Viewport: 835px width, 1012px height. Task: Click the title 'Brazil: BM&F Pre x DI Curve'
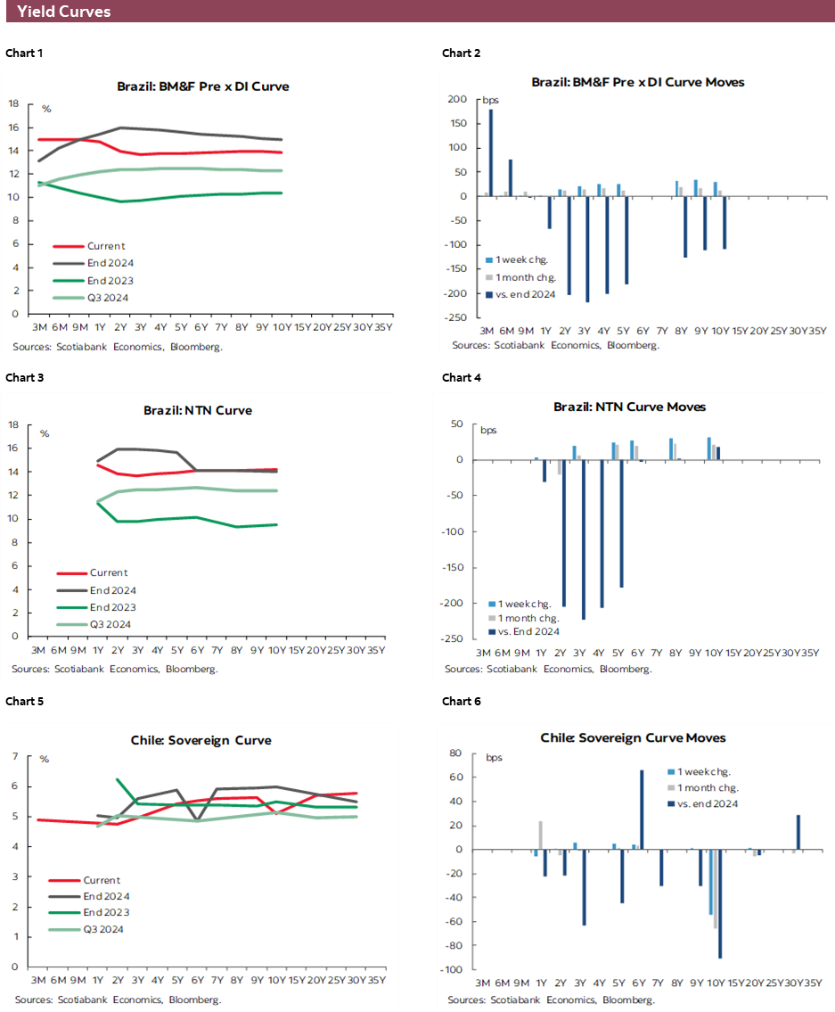pyautogui.click(x=203, y=86)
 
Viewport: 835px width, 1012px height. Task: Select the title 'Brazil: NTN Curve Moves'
pyautogui.click(x=629, y=407)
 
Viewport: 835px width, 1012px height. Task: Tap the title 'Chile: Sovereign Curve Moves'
pyautogui.click(x=633, y=737)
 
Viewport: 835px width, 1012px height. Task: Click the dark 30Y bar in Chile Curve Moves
pyautogui.click(x=798, y=832)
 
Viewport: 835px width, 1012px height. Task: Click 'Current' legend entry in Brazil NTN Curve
pyautogui.click(x=108, y=573)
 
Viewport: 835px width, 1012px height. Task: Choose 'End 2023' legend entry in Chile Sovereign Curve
pyautogui.click(x=105, y=912)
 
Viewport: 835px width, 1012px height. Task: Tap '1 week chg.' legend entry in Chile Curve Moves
pyautogui.click(x=704, y=772)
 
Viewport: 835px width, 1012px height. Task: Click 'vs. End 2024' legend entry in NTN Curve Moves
pyautogui.click(x=528, y=631)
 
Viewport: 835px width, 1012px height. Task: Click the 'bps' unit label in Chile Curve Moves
pyautogui.click(x=494, y=758)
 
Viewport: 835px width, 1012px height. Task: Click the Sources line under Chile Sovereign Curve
pyautogui.click(x=118, y=1000)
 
